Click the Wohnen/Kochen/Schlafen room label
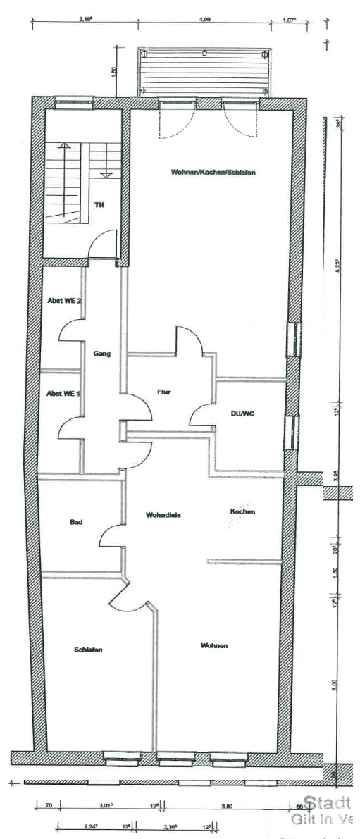pos(207,172)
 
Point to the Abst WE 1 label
pos(62,393)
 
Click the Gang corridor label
pos(101,354)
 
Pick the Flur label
pos(164,392)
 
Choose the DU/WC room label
pos(242,414)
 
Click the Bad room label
pos(76,522)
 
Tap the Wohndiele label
pos(163,515)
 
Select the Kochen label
pos(242,511)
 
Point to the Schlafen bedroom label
pos(88,650)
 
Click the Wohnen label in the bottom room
pos(213,645)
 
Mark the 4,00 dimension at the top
pos(204,20)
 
